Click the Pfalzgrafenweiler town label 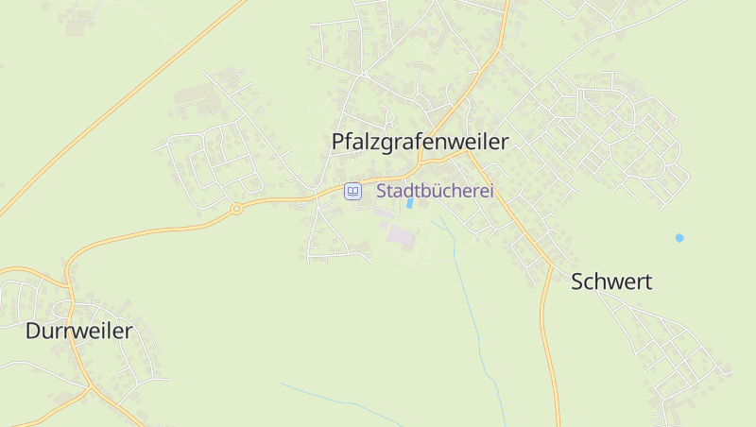(420, 142)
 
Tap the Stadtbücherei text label (435, 191)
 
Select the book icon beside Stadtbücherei (352, 191)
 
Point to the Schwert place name (611, 282)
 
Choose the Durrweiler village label (79, 331)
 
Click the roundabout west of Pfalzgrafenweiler (236, 209)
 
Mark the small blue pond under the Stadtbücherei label (409, 202)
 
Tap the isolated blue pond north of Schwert (679, 237)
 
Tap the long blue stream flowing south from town (472, 312)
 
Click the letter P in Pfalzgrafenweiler (338, 142)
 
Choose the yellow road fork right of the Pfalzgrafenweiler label (470, 154)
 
